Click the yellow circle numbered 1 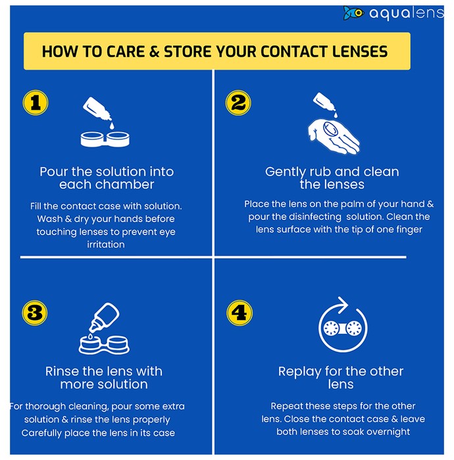pyautogui.click(x=36, y=103)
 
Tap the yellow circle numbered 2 pyautogui.click(x=238, y=103)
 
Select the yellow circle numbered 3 pyautogui.click(x=35, y=313)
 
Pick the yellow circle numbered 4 pyautogui.click(x=240, y=313)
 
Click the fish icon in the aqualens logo pyautogui.click(x=353, y=13)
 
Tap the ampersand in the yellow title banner pyautogui.click(x=154, y=52)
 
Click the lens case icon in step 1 pyautogui.click(x=105, y=139)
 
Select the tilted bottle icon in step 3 pyautogui.click(x=104, y=318)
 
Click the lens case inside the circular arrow pyautogui.click(x=342, y=328)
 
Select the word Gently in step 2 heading pyautogui.click(x=285, y=172)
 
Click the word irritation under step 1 pyautogui.click(x=106, y=244)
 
